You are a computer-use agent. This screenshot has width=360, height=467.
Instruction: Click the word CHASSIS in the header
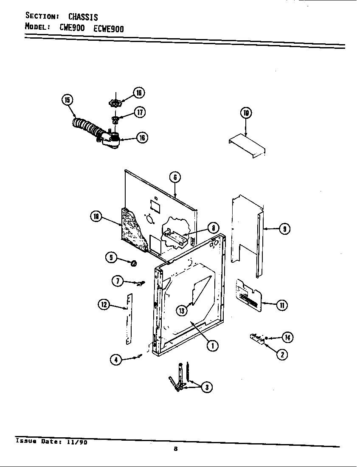tap(83, 17)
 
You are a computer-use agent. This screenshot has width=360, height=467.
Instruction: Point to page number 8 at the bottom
tap(175, 450)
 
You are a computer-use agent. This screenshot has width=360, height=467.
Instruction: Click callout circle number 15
tap(67, 100)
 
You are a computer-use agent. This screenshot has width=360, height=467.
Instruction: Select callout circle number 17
tap(140, 112)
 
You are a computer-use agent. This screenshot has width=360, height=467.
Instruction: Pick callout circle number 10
tap(246, 113)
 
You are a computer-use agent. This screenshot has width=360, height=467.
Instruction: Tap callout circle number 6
tap(175, 177)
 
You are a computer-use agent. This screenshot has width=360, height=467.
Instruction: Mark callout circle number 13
tap(182, 311)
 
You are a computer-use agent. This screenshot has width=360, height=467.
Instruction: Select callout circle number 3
tap(206, 387)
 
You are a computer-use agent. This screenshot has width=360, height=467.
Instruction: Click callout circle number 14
tap(287, 338)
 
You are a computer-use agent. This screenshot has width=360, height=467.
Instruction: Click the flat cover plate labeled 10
tap(247, 147)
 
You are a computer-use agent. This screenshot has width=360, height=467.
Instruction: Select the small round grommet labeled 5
tap(133, 264)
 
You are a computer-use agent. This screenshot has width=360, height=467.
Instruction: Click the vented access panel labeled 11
tap(249, 295)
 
